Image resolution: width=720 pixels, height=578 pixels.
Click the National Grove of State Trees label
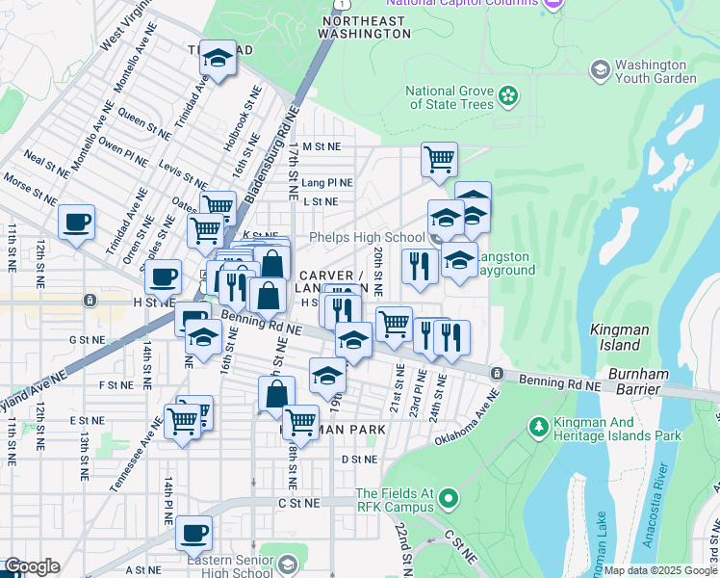(450, 97)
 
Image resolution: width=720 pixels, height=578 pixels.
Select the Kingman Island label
(615, 337)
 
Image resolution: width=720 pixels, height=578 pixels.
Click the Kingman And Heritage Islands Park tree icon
(538, 425)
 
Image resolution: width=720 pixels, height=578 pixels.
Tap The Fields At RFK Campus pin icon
(448, 498)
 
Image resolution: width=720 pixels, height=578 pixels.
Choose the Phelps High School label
(366, 237)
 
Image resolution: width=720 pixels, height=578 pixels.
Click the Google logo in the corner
(31, 566)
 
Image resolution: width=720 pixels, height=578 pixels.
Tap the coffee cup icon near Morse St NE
(76, 222)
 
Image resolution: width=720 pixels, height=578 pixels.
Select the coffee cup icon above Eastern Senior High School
(193, 531)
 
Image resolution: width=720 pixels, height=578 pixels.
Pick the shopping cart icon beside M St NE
(439, 159)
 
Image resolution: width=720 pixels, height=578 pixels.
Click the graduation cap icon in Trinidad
(218, 59)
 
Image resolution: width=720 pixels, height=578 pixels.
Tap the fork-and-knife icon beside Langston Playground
(419, 265)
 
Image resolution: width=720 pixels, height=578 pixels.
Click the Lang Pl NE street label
(327, 182)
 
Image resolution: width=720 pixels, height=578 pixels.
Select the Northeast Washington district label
(365, 26)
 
